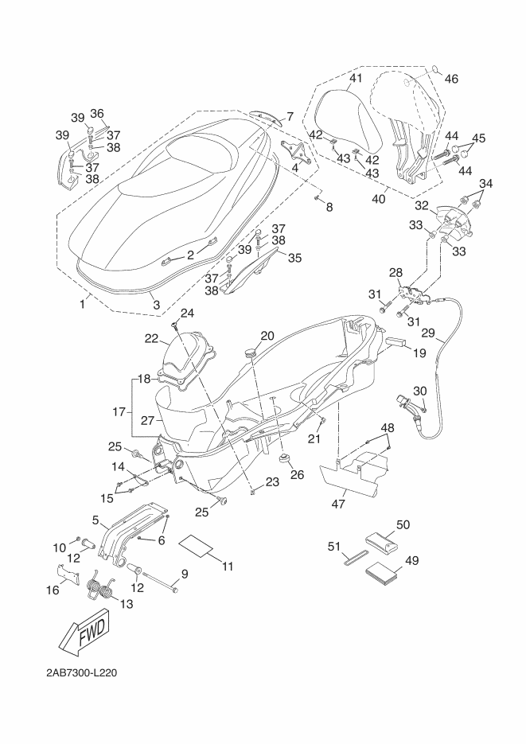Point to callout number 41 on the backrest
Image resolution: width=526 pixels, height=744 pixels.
tap(355, 78)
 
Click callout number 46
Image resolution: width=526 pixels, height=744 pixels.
tap(451, 79)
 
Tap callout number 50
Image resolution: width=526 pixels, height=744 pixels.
tap(403, 525)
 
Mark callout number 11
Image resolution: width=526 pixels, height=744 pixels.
tap(228, 566)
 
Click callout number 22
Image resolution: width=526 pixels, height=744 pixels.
tap(151, 338)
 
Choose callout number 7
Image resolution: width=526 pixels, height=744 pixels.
tap(290, 117)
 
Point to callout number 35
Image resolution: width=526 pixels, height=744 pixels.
tap(294, 258)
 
